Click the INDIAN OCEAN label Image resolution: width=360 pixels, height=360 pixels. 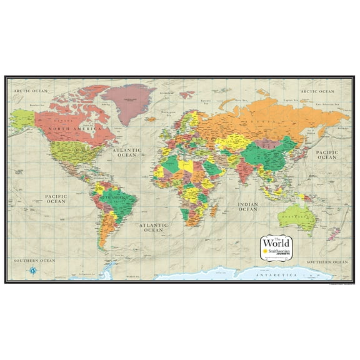click(247, 206)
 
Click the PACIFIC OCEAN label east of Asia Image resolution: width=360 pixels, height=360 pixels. click(326, 154)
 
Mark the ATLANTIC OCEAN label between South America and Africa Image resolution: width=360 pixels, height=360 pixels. click(153, 227)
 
